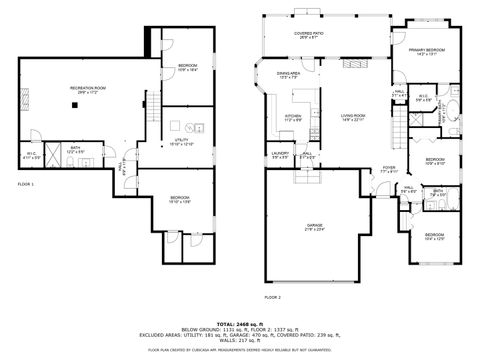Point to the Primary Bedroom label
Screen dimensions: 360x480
click(427, 51)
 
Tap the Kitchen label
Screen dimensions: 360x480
click(293, 118)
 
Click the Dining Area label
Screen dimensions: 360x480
click(289, 76)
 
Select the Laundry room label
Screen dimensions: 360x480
click(279, 155)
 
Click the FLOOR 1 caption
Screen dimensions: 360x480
click(26, 184)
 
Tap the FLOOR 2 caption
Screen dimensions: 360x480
click(273, 297)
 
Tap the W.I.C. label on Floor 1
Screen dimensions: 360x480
click(31, 155)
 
